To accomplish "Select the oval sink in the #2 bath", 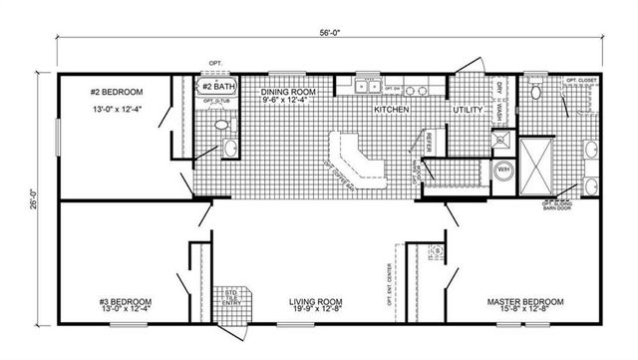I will click(x=230, y=149).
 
